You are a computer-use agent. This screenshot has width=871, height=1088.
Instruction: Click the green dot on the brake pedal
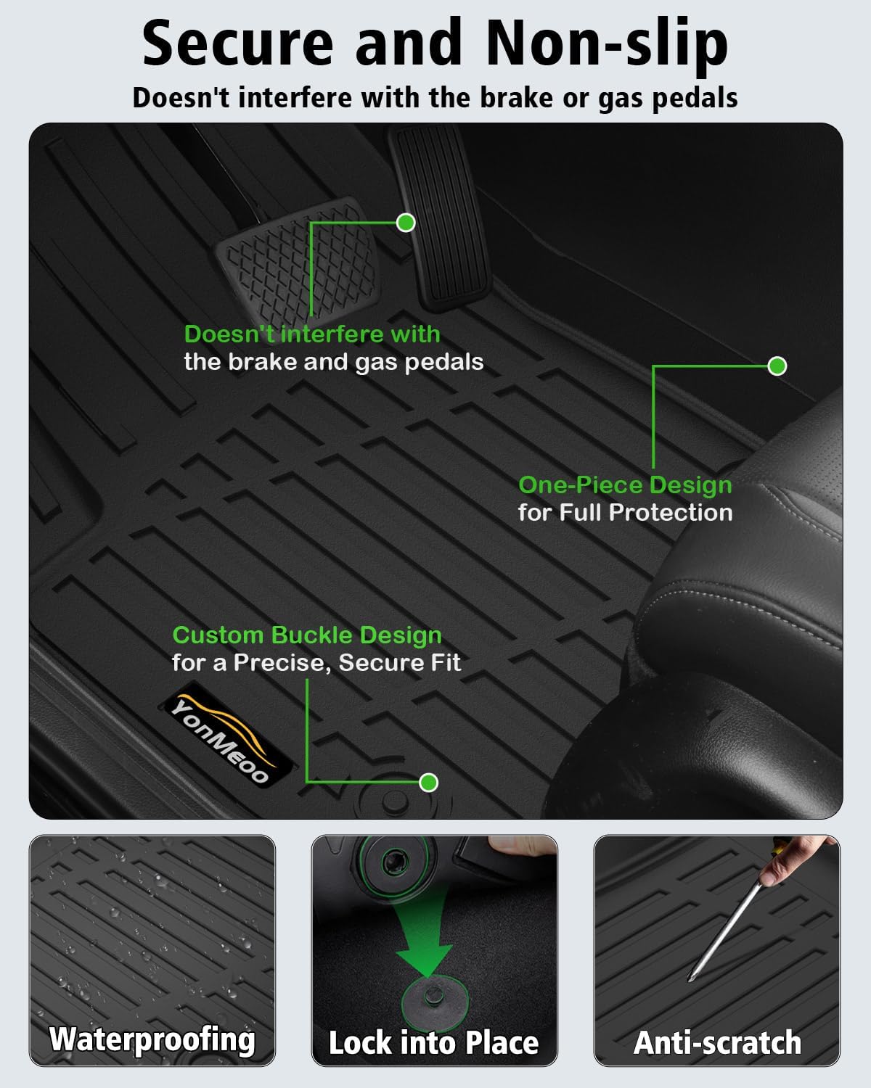point(406,222)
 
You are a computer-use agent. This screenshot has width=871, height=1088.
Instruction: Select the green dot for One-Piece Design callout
point(777,366)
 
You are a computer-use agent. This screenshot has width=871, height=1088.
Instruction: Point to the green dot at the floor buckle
point(429,783)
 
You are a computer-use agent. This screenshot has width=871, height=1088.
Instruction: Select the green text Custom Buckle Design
point(307,635)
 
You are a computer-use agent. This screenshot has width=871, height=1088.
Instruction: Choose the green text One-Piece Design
point(625,485)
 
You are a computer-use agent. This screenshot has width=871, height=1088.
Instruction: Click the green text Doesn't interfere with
point(312,334)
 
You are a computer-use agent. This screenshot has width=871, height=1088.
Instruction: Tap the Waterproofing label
point(152,1039)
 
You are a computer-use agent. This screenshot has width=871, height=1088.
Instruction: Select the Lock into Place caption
point(434,1042)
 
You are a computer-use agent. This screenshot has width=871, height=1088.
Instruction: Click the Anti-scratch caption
point(717,1042)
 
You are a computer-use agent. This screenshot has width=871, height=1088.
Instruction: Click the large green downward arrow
point(425,943)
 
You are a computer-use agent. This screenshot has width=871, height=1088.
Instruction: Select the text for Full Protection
point(625,513)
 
